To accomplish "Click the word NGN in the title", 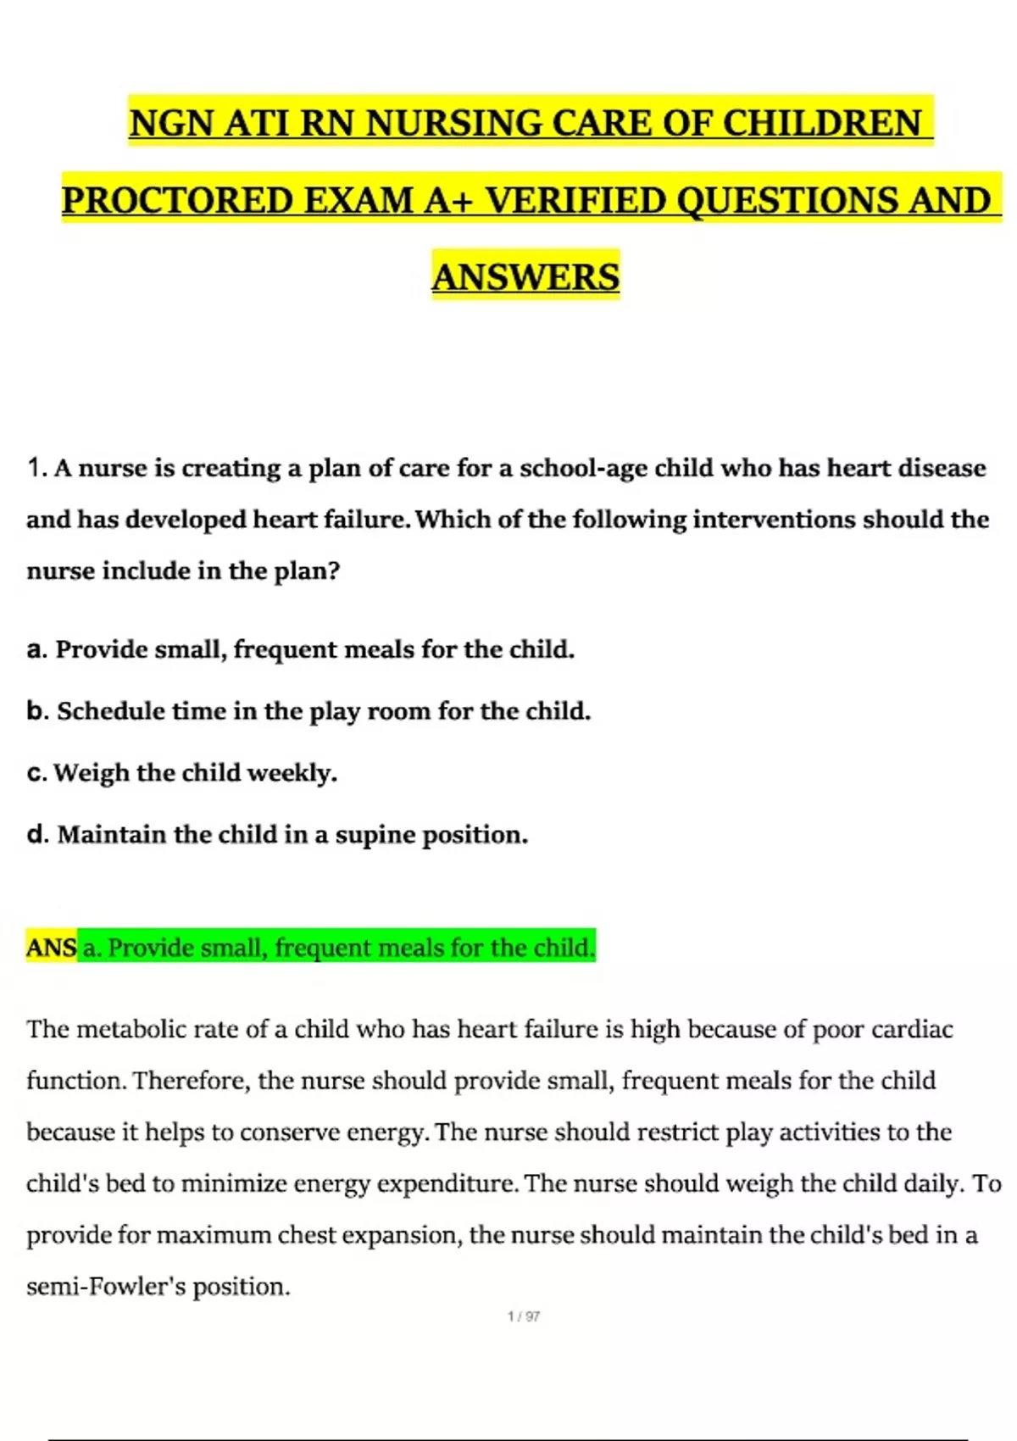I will tap(171, 123).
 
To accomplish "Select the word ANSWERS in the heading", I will tap(525, 277).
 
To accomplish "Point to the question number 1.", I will tap(36, 468).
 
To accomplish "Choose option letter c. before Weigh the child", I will tap(36, 773).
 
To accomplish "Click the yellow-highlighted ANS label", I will tap(51, 948).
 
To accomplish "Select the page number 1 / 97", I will tap(524, 1316).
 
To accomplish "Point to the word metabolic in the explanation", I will tap(130, 1029).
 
